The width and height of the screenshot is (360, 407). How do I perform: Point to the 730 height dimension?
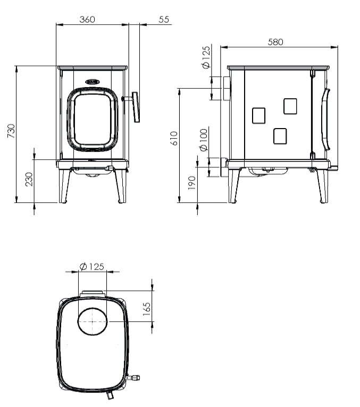point(11,131)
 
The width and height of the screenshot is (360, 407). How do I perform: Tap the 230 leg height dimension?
point(29,179)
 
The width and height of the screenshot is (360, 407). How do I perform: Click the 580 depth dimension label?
point(275,42)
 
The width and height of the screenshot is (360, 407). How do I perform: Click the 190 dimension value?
point(192,182)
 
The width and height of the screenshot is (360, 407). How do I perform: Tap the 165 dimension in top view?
point(147,308)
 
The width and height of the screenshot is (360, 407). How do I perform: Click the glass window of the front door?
point(92,120)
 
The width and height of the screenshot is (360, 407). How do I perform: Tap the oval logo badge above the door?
point(93,82)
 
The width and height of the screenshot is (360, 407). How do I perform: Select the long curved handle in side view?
point(326,120)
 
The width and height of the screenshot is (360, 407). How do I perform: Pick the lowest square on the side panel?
point(280,137)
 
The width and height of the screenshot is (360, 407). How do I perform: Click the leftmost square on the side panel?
point(258,115)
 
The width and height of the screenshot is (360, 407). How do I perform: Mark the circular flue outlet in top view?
point(93,321)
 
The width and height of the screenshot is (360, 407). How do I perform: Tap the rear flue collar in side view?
point(226,89)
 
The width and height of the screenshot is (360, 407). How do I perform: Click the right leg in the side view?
point(322,185)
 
